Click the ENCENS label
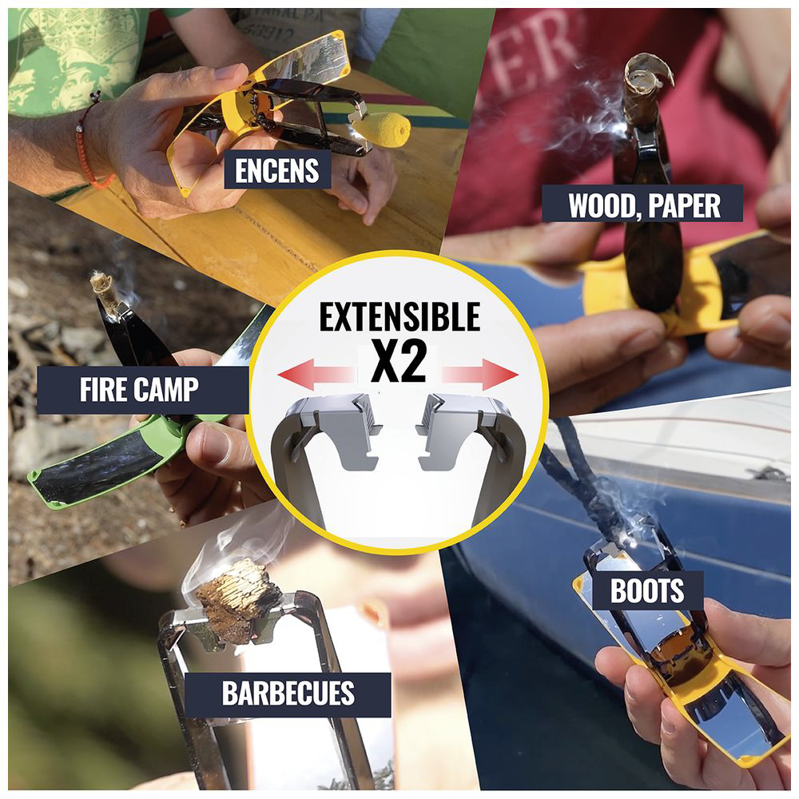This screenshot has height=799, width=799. point(277,170)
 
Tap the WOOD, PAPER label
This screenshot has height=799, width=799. point(642,204)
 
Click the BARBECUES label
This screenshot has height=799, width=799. point(288,694)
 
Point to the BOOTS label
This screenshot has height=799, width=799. point(647,590)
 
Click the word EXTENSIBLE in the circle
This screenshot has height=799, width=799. point(399,317)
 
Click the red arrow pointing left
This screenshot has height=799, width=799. point(316,375)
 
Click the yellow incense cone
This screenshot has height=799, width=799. point(386,128)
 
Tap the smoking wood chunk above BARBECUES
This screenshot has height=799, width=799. point(238,602)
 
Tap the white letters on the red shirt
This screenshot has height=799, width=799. point(535,56)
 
